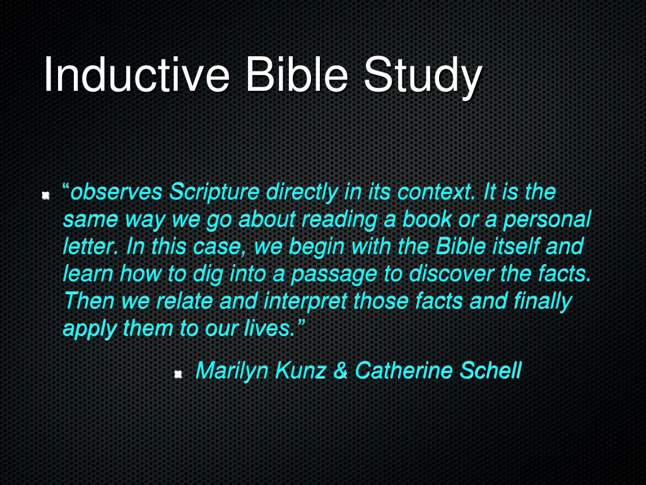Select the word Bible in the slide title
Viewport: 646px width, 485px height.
tap(296, 75)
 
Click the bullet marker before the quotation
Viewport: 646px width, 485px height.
tap(45, 195)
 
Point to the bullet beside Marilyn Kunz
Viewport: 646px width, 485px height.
tap(178, 374)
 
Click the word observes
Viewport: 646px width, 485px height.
tap(117, 191)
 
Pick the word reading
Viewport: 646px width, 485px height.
tap(337, 219)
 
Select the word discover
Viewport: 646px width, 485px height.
tap(449, 273)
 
